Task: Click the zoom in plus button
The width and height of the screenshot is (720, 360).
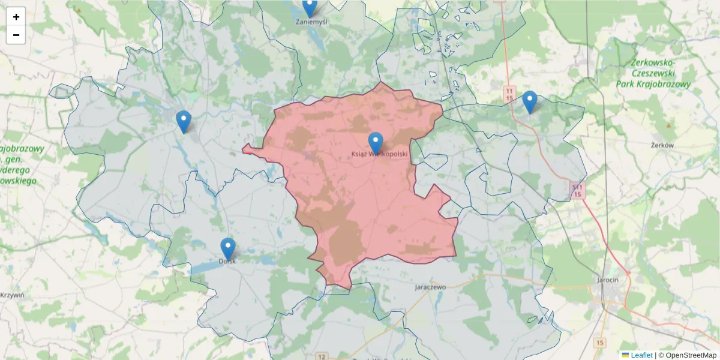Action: pos(16,17)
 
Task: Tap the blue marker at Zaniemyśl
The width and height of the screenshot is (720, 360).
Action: pos(310,7)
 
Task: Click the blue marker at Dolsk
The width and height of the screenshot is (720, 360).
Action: pos(228,248)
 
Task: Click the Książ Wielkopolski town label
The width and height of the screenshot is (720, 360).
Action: pos(379,154)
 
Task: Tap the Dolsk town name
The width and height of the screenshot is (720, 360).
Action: pos(227,261)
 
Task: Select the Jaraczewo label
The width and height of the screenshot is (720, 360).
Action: pos(430,287)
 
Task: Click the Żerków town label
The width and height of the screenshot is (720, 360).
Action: pos(663,145)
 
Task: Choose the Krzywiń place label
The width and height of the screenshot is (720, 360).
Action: pos(12,295)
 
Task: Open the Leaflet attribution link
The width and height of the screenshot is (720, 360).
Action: pos(641,355)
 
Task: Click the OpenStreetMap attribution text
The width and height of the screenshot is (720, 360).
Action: pos(691,355)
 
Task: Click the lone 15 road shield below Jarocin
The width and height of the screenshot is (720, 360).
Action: pos(600,343)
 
